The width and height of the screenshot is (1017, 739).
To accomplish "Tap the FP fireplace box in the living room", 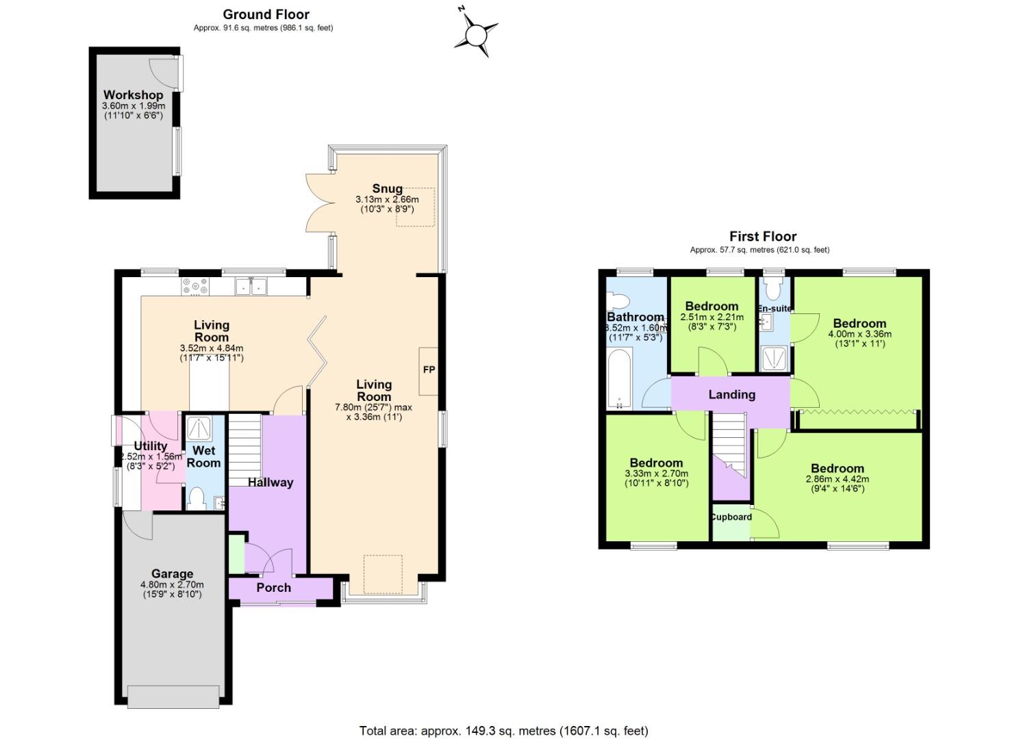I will click(x=429, y=370).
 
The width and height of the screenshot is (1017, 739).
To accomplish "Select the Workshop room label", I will click(x=134, y=95).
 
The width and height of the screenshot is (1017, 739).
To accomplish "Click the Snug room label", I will click(x=387, y=189).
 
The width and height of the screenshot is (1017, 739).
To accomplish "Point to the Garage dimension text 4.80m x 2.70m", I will click(x=172, y=585).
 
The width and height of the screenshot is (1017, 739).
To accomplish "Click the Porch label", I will click(x=273, y=588).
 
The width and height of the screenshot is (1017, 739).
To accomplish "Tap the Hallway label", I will click(x=271, y=482).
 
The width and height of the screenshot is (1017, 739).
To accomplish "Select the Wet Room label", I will click(x=204, y=456).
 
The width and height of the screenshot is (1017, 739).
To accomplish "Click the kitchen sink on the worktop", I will click(x=251, y=287).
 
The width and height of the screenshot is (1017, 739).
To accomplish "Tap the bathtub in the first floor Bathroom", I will click(x=619, y=378).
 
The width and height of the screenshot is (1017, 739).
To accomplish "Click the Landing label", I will click(x=731, y=395).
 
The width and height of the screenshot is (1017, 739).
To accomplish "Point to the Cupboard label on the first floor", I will click(x=731, y=517).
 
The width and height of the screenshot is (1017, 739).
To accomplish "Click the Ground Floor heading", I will click(x=266, y=14).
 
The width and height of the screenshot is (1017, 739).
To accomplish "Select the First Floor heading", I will click(x=762, y=237).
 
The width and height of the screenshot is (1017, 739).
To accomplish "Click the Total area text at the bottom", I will click(x=503, y=731).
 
